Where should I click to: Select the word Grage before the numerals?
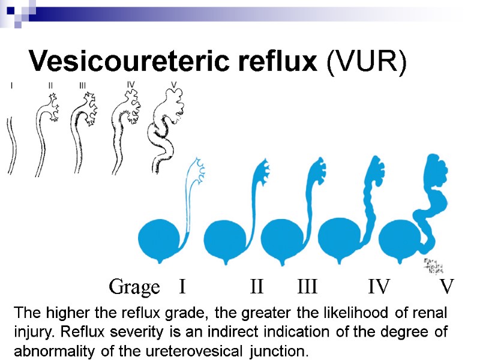[134, 287]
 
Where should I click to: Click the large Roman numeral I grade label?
[182, 287]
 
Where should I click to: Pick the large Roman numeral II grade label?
[257, 287]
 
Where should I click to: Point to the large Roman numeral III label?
[307, 287]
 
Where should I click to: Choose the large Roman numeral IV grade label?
[379, 287]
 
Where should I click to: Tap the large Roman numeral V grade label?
[446, 287]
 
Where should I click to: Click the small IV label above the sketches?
[131, 84]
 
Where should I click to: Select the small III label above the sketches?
[83, 85]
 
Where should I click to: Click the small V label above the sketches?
[173, 85]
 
